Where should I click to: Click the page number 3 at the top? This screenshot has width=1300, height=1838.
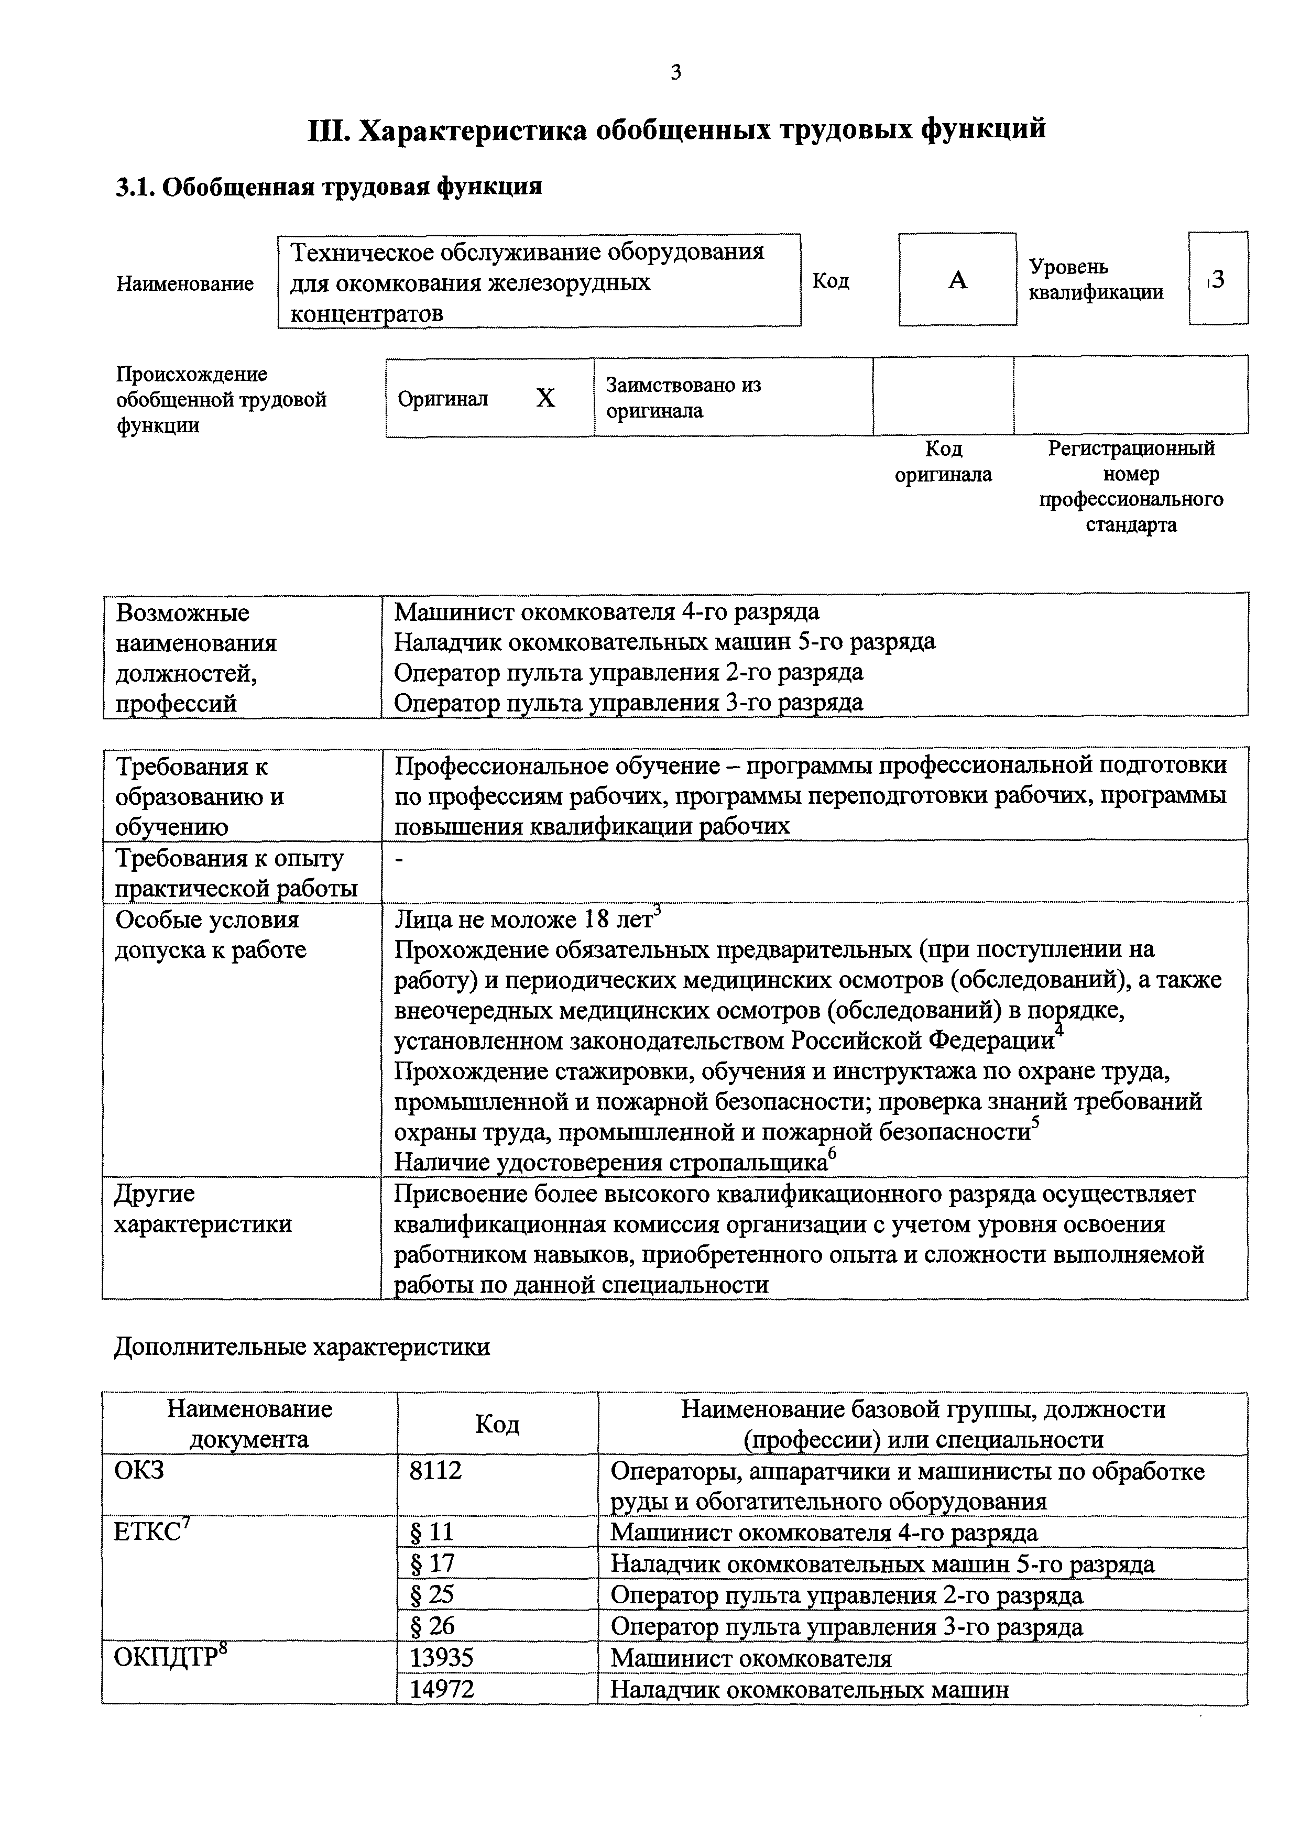[675, 73]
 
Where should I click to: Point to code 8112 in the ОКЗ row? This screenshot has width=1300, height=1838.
[436, 1471]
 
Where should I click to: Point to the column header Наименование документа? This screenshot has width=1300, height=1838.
[249, 1424]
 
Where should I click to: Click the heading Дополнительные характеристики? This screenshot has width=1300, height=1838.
[302, 1347]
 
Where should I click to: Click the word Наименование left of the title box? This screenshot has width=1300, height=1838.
[185, 283]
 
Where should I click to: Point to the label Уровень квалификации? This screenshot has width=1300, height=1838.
[1095, 279]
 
